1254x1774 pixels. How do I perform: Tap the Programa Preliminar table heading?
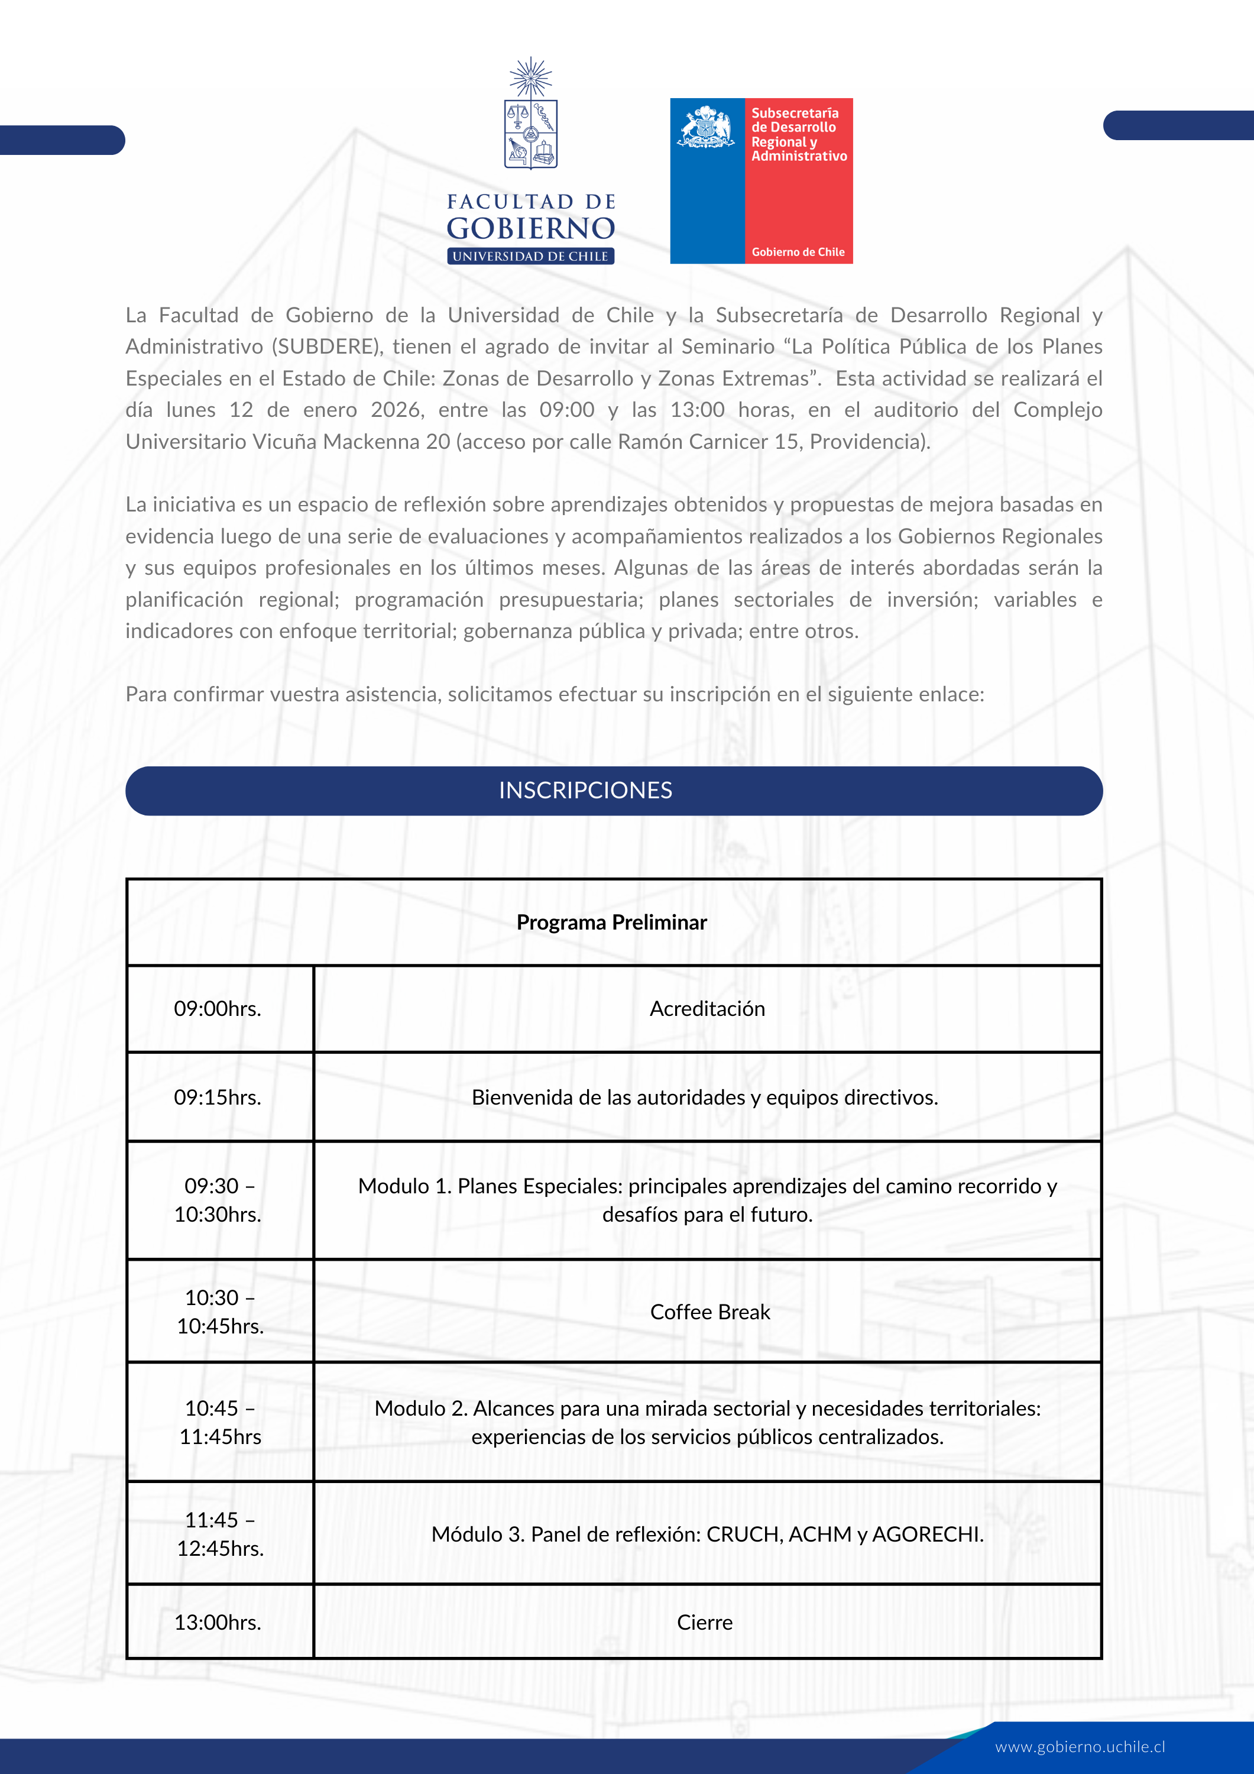click(x=612, y=922)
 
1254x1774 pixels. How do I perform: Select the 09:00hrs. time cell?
click(x=218, y=1008)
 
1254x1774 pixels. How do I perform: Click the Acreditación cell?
click(x=707, y=1008)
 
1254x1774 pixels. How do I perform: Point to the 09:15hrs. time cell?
click(x=218, y=1097)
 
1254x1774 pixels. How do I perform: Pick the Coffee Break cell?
click(x=710, y=1312)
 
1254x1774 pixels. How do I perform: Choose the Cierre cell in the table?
click(x=705, y=1622)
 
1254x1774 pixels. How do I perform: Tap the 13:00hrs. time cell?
click(x=218, y=1622)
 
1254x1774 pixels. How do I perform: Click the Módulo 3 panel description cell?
click(x=707, y=1534)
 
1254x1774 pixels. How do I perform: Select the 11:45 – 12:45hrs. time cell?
click(x=220, y=1534)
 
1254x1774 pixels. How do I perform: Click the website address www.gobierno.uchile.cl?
click(x=1080, y=1746)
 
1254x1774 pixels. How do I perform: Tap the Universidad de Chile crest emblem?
click(x=531, y=116)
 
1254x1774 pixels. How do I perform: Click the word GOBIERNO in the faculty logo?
click(x=531, y=229)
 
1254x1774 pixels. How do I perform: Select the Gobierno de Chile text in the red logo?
click(x=798, y=252)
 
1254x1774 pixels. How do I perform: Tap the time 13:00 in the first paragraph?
click(x=697, y=410)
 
